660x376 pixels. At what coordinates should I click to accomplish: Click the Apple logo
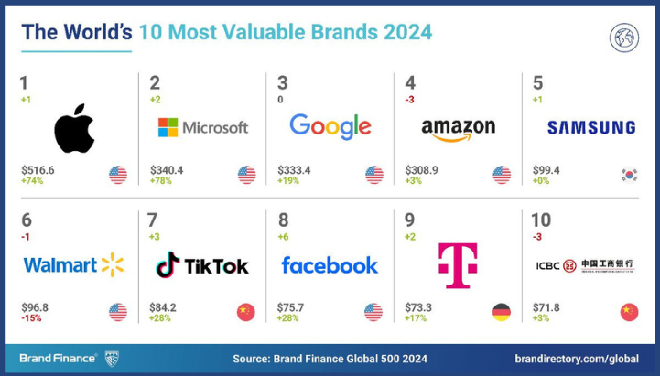74,129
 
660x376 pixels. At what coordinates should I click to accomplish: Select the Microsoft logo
202,127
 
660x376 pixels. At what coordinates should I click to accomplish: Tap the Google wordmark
330,127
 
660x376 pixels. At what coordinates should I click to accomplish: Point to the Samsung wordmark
591,128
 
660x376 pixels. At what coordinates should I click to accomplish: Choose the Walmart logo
73,265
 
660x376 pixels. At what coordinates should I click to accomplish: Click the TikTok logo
202,265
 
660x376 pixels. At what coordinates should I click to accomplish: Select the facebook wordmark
330,265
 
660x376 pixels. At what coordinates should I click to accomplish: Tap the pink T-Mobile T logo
458,265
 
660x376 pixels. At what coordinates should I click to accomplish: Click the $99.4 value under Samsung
547,169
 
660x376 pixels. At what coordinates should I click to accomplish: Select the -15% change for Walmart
32,319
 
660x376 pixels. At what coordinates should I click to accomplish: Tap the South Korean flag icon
629,174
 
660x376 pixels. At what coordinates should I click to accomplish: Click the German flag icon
501,311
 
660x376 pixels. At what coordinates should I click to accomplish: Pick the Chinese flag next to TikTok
245,311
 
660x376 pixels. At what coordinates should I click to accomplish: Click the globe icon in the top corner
623,38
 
